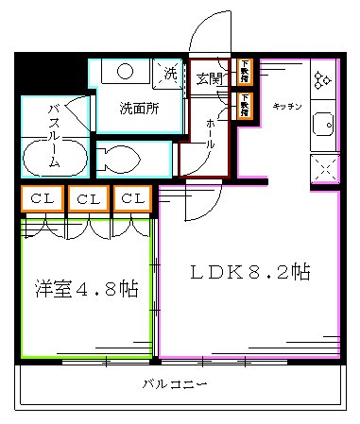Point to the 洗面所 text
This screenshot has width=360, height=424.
[x=138, y=107]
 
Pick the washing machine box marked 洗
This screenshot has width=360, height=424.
[x=170, y=74]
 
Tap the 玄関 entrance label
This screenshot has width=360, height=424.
[x=210, y=78]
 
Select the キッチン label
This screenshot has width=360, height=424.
[x=286, y=106]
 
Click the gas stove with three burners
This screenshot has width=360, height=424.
[x=323, y=80]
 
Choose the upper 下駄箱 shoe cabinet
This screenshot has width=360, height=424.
[x=244, y=68]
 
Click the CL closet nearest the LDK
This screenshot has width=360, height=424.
[x=133, y=198]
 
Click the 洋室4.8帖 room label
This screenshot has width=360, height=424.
[x=87, y=289]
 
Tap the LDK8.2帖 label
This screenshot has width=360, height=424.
[x=250, y=272]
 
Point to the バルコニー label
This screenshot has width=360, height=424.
[x=175, y=384]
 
